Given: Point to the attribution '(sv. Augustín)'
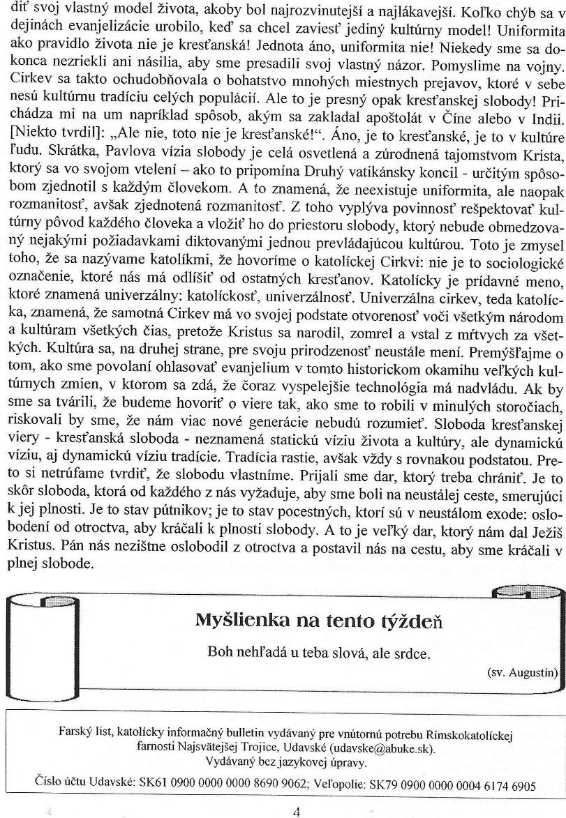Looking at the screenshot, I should tap(522, 672).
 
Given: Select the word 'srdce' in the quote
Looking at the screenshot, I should tap(414, 653).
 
